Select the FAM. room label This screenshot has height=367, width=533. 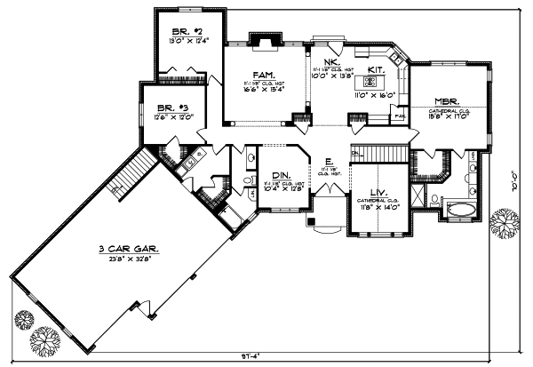click(262, 75)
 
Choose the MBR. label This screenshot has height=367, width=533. click(446, 101)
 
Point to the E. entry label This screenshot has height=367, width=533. click(329, 162)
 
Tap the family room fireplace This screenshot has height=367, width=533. click(261, 40)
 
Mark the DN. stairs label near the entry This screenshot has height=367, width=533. click(355, 154)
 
